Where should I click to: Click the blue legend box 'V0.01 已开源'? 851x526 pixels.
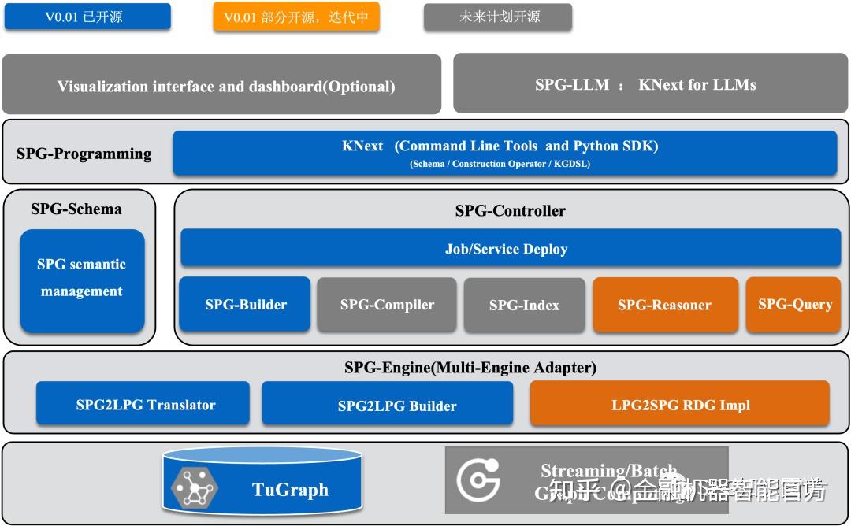coord(87,17)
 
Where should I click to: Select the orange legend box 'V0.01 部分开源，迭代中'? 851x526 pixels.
coord(295,17)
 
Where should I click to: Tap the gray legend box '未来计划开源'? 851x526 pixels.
coord(497,17)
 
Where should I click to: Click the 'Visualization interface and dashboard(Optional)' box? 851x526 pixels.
coord(221,85)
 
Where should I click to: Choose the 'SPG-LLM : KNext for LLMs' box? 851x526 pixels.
coord(651,84)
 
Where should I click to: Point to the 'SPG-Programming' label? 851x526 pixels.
coord(84,154)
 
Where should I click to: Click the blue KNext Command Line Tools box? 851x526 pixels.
coord(504,153)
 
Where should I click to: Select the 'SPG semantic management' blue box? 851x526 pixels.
coord(82,279)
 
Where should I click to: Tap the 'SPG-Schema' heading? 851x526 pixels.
coord(76,209)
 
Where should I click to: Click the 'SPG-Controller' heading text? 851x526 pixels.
coord(510,210)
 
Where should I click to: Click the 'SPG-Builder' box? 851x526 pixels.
coord(246,304)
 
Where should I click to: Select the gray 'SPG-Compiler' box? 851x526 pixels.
coord(387,304)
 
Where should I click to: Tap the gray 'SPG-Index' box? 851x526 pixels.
coord(524,304)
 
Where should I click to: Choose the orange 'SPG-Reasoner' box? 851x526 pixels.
coord(664,304)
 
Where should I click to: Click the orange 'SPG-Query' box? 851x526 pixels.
coord(794,304)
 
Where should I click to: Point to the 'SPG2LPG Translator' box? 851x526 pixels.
coord(143,404)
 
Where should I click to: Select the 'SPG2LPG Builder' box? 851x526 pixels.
coord(387,405)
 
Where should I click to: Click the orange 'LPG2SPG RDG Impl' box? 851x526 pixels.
coord(679,405)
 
